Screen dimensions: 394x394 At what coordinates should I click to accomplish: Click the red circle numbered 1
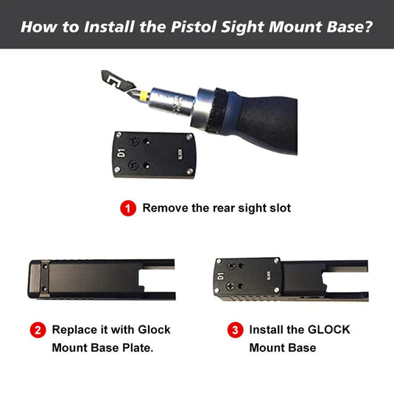coord(128,208)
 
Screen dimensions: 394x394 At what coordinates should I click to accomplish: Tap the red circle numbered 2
coord(38,330)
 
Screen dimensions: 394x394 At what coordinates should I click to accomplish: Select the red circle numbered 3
coord(234,330)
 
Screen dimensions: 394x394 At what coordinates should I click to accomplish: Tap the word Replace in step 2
coord(74,329)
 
